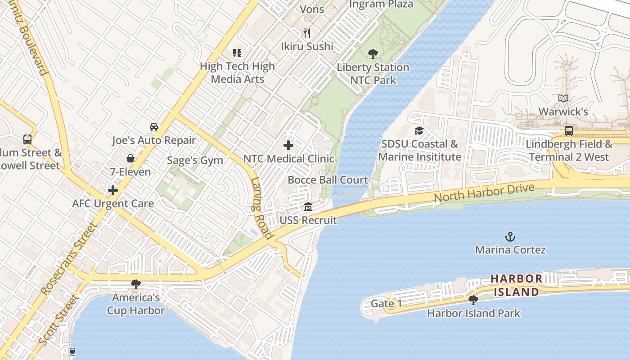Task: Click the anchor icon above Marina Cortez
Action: (x=510, y=237)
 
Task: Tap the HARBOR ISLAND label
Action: (x=516, y=285)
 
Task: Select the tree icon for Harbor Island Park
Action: (x=473, y=300)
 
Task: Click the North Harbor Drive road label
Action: (x=484, y=193)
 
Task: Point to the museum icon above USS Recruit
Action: (x=308, y=207)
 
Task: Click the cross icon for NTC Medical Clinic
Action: (x=288, y=145)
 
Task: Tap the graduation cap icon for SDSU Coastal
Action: (x=419, y=131)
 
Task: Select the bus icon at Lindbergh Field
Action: (x=569, y=131)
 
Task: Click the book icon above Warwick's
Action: (x=563, y=98)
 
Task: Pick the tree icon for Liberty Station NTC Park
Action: (x=373, y=54)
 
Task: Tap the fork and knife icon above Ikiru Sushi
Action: (x=307, y=33)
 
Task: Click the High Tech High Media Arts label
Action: (x=237, y=72)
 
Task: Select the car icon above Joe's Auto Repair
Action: (x=154, y=127)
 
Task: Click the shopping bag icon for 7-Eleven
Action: (x=130, y=158)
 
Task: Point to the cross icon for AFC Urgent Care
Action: (x=113, y=190)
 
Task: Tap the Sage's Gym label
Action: (x=195, y=160)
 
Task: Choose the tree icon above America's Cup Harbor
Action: (x=135, y=284)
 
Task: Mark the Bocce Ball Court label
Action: (x=328, y=180)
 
